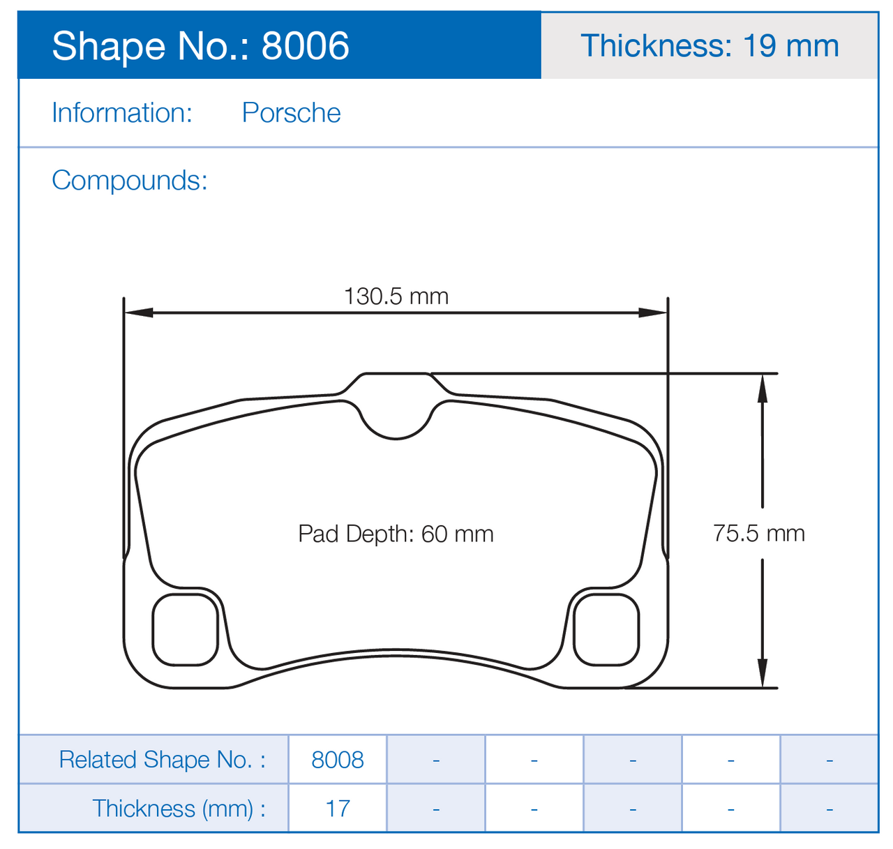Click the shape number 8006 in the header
pyautogui.click(x=305, y=45)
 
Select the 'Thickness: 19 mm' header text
pyautogui.click(x=709, y=45)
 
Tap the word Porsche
pyautogui.click(x=291, y=112)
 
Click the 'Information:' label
pyautogui.click(x=121, y=112)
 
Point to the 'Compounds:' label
pyautogui.click(x=130, y=181)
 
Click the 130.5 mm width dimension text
pyautogui.click(x=396, y=296)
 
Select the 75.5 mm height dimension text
pyautogui.click(x=758, y=533)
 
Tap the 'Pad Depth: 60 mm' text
pyautogui.click(x=396, y=534)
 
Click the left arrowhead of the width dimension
pyautogui.click(x=138, y=313)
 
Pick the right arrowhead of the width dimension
pyautogui.click(x=653, y=313)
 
